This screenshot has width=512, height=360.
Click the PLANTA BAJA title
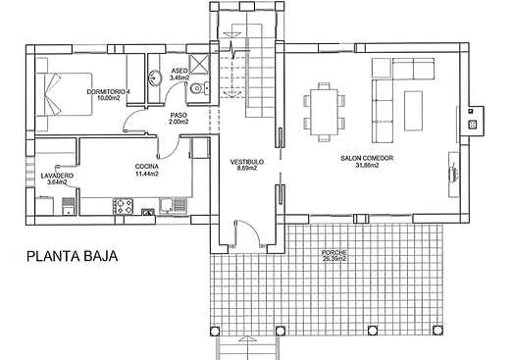tap(72, 256)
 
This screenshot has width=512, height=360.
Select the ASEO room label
tap(179, 71)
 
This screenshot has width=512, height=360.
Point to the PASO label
tap(179, 116)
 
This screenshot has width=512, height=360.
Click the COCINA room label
tap(147, 167)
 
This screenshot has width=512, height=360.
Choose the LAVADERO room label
tap(57, 176)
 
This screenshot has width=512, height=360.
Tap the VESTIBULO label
tap(247, 162)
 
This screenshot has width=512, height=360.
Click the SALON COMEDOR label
tap(367, 158)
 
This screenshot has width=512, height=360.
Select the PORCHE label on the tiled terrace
tap(334, 252)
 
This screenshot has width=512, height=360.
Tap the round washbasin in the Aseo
tap(155, 78)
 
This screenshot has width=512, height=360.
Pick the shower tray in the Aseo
tap(199, 64)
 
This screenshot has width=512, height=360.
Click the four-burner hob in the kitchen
tap(123, 206)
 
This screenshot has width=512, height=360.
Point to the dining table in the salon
tap(324, 112)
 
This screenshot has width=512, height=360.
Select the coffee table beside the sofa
tap(413, 111)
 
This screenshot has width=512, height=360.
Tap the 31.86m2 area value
tap(367, 166)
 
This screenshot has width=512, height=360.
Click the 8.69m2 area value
tap(247, 169)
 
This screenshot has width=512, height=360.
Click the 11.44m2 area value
tap(147, 174)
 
